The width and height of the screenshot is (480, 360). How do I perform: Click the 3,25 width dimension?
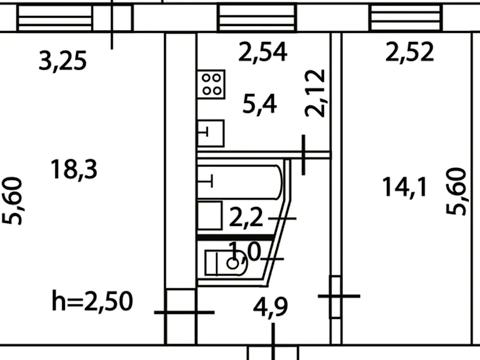coord(63,61)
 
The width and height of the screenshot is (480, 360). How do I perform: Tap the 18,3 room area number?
coord(74,169)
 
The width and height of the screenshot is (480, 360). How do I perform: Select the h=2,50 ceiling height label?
coord(92,301)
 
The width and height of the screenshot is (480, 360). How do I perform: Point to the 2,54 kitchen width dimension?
coord(263,52)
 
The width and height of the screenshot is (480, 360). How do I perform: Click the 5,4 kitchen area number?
coord(260,104)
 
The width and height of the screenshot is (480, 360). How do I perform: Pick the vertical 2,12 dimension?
coord(315,93)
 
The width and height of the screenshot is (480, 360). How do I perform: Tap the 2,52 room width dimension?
coord(410,52)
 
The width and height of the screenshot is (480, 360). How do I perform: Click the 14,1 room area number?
coord(404,187)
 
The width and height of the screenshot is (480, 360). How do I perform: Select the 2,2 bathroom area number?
coord(246,219)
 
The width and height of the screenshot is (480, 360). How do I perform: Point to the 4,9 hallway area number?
coord(270,307)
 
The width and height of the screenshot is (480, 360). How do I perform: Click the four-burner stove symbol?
coord(211,84)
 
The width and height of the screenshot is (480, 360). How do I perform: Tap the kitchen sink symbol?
coord(211,133)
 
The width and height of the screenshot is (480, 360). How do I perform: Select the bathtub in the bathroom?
coord(240,182)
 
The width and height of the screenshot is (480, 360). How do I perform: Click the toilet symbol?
coord(226,263)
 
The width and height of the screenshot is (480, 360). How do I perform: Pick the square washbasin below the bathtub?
coord(210,215)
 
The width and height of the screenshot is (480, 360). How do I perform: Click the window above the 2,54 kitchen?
coord(257,18)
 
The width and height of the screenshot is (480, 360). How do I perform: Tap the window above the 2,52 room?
coord(406,17)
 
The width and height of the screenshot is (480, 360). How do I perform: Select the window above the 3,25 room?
coord(55,18)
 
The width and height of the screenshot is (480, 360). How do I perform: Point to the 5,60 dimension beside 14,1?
coord(456,191)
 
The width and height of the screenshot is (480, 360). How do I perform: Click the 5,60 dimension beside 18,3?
coord(13,200)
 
